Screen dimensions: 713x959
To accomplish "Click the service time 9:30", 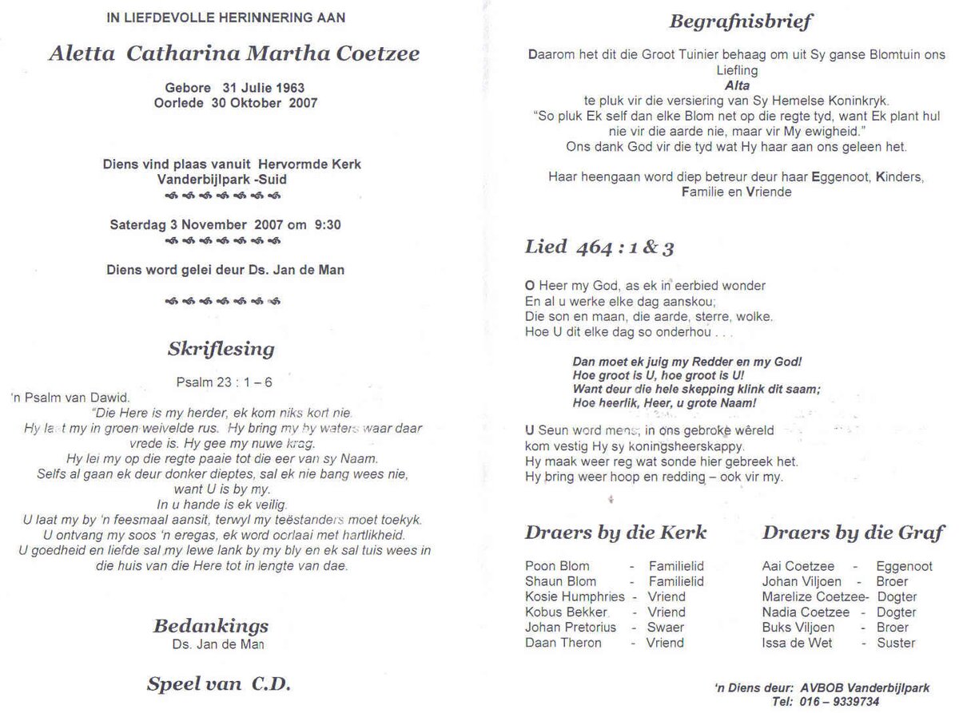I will (328, 225).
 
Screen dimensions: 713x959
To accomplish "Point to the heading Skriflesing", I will (221, 349).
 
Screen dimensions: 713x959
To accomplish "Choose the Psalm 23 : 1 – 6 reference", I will (224, 382).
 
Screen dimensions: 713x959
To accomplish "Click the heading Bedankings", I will (219, 626).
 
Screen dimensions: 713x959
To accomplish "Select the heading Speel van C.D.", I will (218, 683).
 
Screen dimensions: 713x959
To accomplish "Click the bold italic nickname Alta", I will (737, 85).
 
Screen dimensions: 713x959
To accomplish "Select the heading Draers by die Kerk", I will (615, 533).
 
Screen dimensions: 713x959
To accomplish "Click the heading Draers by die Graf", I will (853, 533).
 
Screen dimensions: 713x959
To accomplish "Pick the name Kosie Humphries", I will (575, 596).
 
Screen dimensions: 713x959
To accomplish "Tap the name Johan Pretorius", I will (571, 627).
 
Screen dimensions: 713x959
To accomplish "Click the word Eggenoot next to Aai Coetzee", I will (904, 566).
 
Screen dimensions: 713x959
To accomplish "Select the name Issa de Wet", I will (797, 642).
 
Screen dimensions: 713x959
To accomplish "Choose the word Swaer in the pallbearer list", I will (666, 627).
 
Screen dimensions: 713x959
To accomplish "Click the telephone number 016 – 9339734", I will (831, 702).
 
